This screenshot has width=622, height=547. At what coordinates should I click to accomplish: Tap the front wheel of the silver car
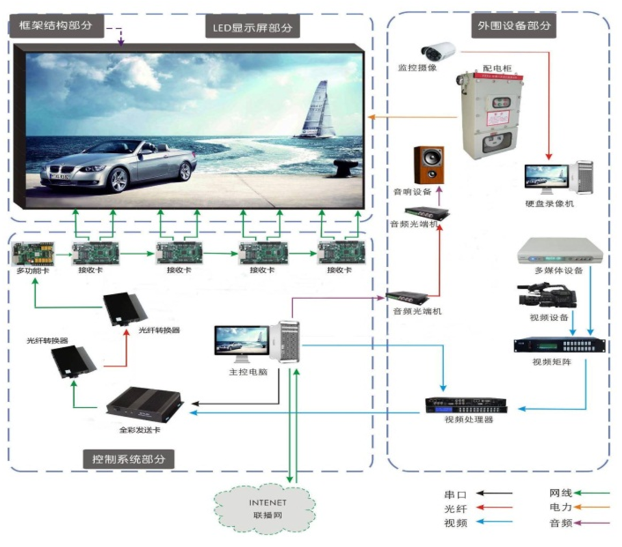pos(118,179)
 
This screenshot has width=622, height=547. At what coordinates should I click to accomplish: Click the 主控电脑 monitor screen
pos(241,341)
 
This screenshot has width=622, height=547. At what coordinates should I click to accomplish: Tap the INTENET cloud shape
pos(266,508)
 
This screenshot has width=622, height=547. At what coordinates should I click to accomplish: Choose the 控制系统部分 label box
pos(128,459)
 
